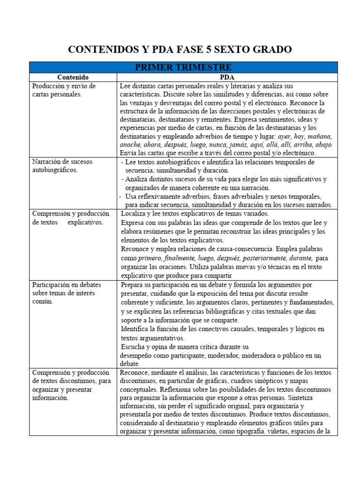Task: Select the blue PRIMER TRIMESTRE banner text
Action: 183,67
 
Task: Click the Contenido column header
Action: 73,77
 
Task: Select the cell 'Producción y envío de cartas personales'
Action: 64,90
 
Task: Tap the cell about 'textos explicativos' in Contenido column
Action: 67,217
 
